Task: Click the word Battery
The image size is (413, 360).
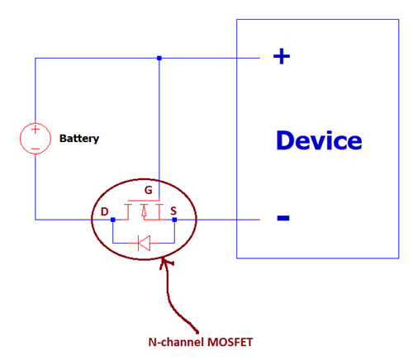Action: [79, 138]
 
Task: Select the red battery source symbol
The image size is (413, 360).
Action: [36, 138]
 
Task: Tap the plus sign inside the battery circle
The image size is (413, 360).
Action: [36, 130]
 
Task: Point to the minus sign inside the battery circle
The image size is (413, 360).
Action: [36, 147]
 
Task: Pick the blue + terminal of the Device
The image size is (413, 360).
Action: [282, 56]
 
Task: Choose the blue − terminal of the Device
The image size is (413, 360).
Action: [282, 218]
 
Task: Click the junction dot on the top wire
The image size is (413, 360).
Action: [159, 58]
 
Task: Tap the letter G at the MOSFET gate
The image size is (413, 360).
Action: [148, 190]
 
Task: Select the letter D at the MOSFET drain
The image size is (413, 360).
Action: [104, 212]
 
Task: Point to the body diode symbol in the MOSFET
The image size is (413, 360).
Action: [144, 243]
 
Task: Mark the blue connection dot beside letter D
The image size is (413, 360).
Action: [113, 220]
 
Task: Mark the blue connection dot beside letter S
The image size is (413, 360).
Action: [175, 220]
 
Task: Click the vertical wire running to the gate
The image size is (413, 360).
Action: [159, 124]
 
